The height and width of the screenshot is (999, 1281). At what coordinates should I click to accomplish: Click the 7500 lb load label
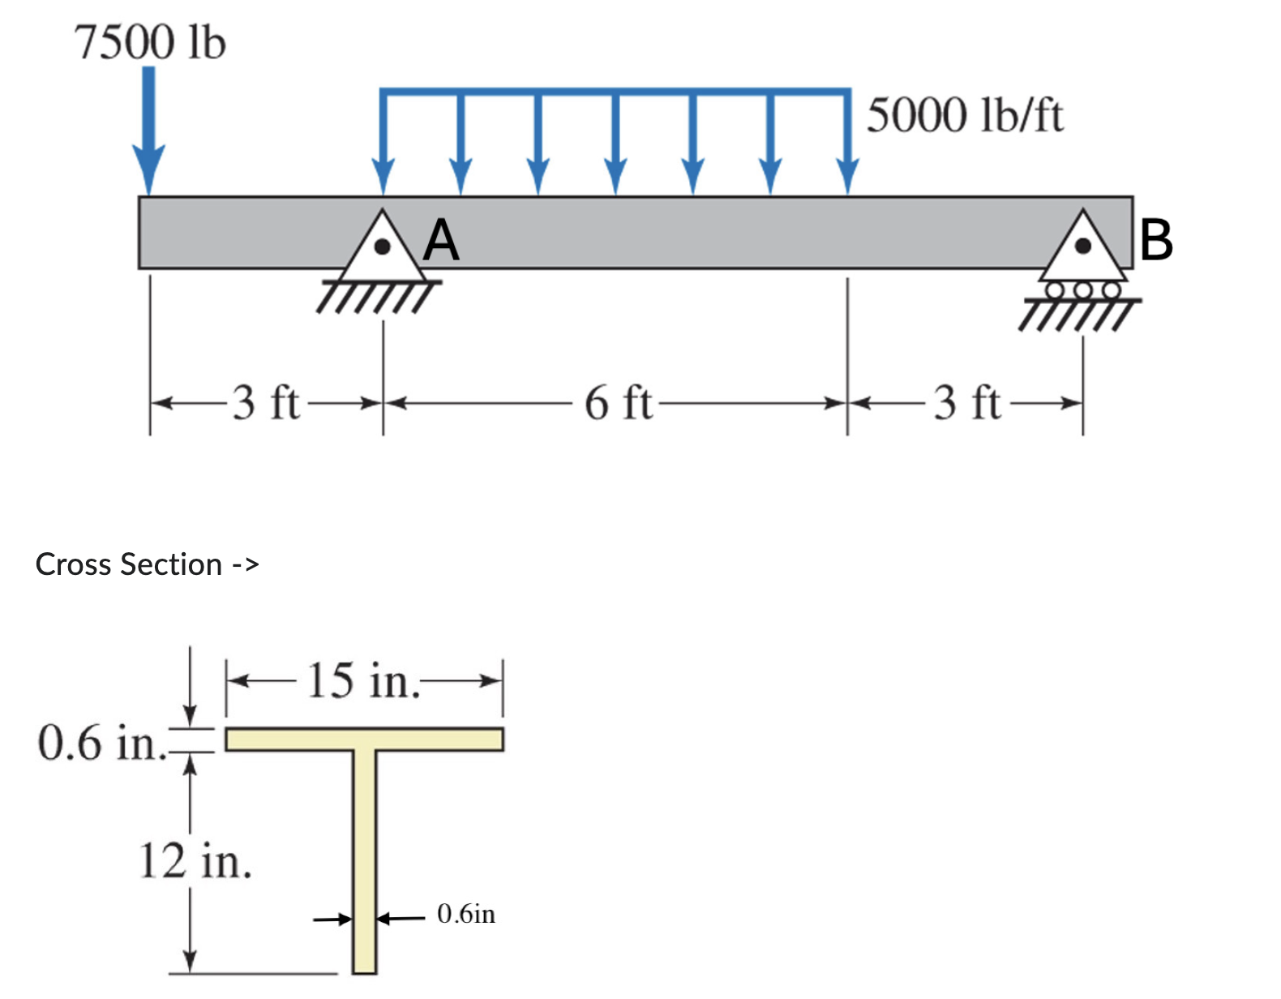[150, 42]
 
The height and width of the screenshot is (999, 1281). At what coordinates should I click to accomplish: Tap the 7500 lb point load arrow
[148, 130]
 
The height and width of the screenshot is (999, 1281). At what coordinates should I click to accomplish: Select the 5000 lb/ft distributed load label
[964, 114]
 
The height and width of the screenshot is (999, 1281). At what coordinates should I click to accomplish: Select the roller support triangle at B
[1083, 250]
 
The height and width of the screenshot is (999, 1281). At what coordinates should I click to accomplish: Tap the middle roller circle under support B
[1083, 289]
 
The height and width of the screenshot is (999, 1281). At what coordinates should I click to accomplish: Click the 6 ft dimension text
[618, 402]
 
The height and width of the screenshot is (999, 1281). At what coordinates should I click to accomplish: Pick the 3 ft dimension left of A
[266, 402]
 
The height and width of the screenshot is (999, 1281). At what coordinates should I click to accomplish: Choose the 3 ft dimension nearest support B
[967, 402]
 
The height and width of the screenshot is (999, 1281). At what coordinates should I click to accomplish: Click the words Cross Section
[129, 564]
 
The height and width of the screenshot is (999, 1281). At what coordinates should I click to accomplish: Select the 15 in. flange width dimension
[364, 680]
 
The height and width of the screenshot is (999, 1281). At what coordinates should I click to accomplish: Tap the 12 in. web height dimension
[195, 860]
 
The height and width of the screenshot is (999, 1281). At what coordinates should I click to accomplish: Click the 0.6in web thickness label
[466, 914]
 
